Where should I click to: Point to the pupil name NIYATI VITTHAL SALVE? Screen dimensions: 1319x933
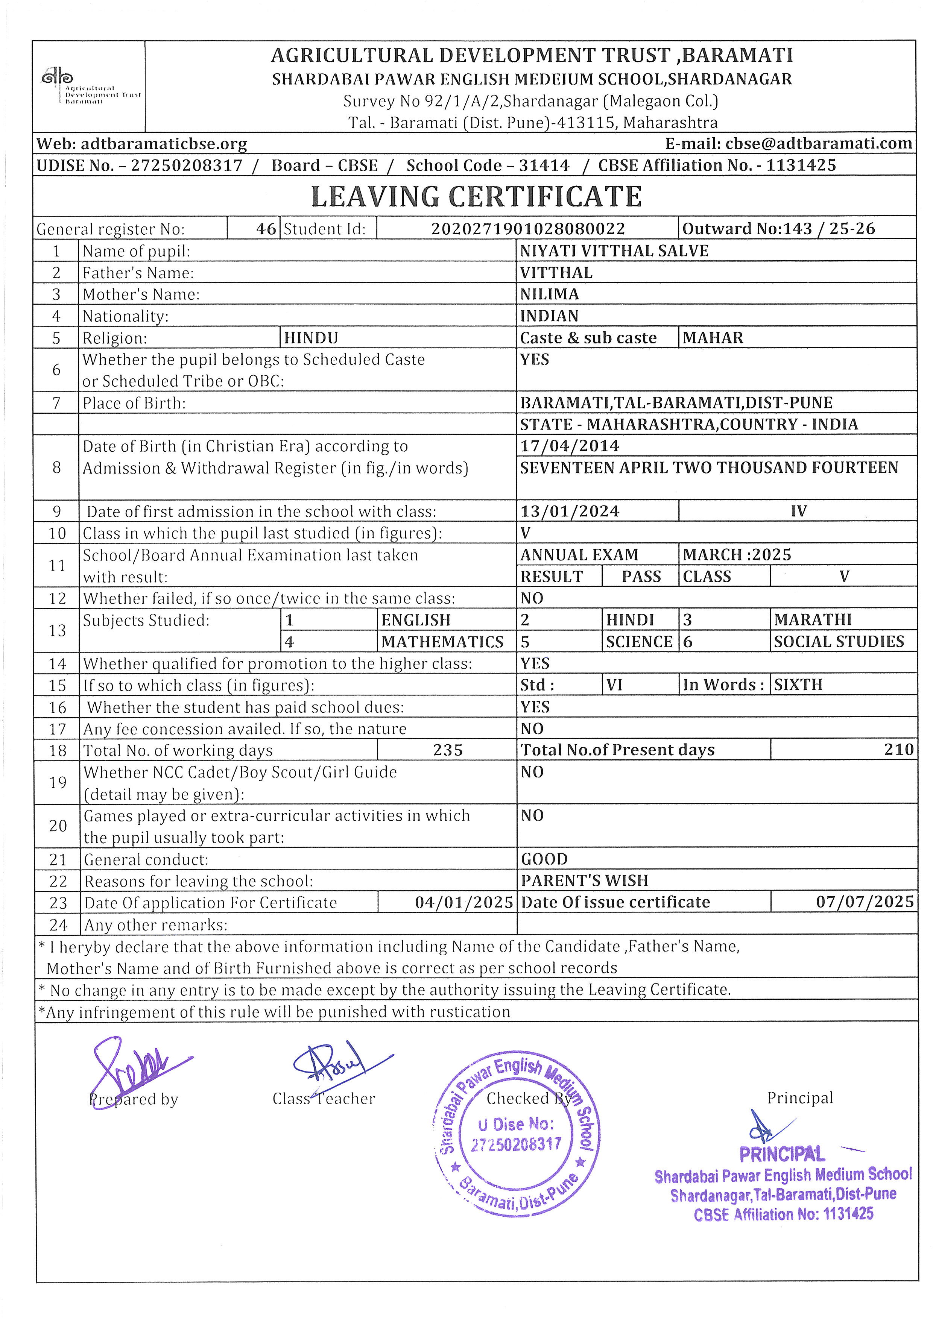click(614, 251)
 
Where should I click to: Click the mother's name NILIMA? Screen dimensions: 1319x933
click(549, 294)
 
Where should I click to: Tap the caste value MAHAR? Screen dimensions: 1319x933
click(713, 338)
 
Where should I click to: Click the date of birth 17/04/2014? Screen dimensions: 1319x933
click(569, 446)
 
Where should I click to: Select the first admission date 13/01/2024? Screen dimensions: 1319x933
click(569, 511)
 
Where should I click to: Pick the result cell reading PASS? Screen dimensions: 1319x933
click(641, 576)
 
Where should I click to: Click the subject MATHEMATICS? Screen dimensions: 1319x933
click(442, 642)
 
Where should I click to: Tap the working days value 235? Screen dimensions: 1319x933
click(448, 750)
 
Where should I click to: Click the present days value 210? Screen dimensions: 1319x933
click(898, 750)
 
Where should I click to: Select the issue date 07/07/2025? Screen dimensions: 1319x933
click(864, 902)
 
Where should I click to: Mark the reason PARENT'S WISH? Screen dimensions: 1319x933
click(584, 881)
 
